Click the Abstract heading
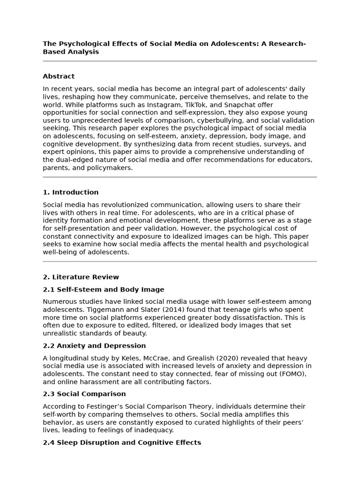59,76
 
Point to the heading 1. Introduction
70,192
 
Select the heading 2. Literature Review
81,277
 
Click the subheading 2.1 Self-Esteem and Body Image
103,290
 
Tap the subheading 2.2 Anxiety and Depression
94,346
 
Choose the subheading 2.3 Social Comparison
84,394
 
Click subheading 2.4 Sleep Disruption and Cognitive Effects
121,442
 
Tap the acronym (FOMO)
294,374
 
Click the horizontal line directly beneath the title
180,61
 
